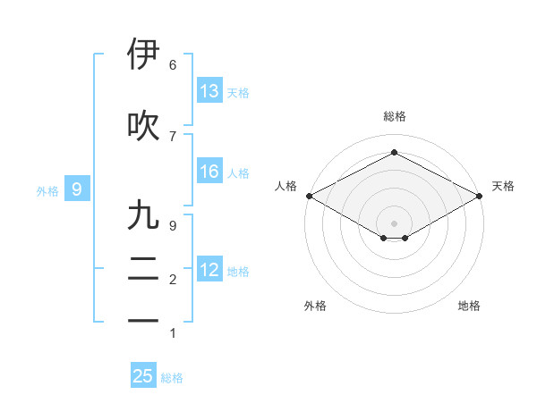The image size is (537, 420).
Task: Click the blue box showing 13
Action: click(209, 91)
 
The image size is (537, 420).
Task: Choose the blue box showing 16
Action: click(209, 172)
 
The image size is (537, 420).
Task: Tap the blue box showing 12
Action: click(209, 270)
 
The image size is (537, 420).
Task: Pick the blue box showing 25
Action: click(143, 376)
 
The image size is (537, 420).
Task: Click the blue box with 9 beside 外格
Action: click(78, 189)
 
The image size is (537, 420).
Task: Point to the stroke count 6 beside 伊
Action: click(173, 65)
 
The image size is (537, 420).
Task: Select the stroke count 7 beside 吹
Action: click(173, 136)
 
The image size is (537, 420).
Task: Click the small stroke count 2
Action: click(173, 280)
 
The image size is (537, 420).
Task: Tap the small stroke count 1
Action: click(173, 333)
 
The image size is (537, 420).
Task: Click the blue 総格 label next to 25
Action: click(172, 378)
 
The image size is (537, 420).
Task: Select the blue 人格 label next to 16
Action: click(238, 172)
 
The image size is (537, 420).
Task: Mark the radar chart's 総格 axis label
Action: click(394, 116)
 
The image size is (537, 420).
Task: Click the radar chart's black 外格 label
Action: click(315, 307)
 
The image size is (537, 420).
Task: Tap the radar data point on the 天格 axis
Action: click(480, 196)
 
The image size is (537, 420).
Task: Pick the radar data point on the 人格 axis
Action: click(308, 196)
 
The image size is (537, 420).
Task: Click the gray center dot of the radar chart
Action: click(394, 222)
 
